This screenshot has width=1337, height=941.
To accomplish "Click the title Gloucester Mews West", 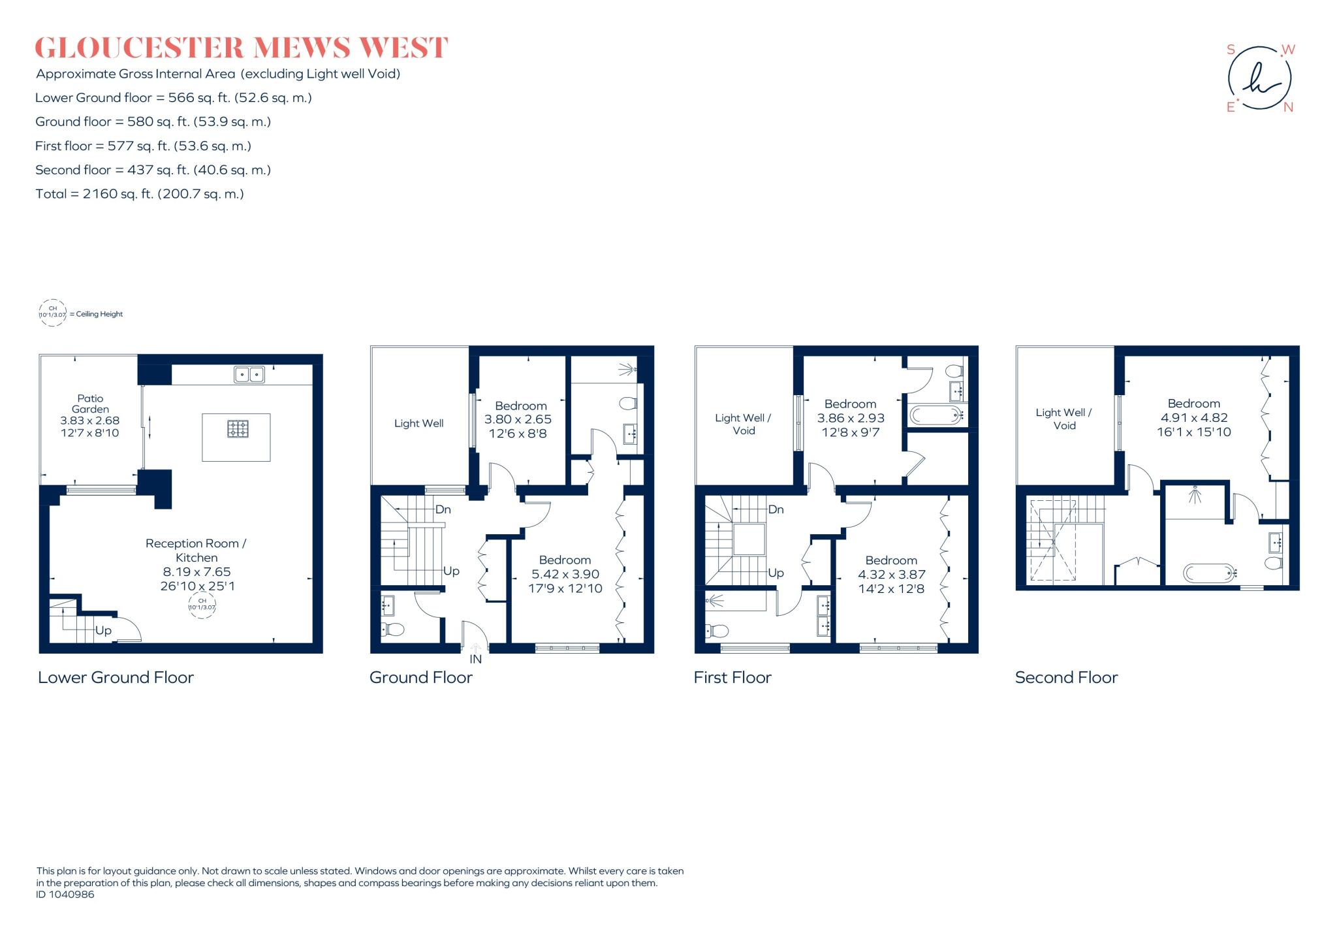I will click(x=241, y=48).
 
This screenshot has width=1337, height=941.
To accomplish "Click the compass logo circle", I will click(x=1259, y=78).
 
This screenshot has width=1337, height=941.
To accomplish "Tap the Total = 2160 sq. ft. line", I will click(x=140, y=194).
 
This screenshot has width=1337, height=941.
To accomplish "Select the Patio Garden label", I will click(x=90, y=404).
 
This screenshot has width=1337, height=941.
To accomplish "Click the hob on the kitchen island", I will click(x=237, y=429).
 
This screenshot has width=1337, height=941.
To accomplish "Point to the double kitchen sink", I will click(x=249, y=375).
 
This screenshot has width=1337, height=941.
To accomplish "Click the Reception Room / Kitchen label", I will click(x=196, y=550).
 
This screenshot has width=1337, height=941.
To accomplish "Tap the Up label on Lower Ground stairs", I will click(x=103, y=631).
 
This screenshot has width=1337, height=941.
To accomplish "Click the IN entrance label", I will click(x=475, y=660).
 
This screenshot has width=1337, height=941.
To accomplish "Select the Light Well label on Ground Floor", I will click(x=418, y=423).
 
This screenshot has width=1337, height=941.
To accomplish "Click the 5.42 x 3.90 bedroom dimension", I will click(x=565, y=574).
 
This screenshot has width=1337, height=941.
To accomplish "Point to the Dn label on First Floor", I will click(x=776, y=509).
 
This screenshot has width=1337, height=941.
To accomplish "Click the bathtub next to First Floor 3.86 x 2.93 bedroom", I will click(x=936, y=415).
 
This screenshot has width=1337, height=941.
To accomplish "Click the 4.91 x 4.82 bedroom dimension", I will click(x=1193, y=418).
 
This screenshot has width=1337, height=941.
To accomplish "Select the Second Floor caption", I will click(x=1066, y=678).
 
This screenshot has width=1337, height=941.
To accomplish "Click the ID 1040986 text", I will click(x=65, y=895).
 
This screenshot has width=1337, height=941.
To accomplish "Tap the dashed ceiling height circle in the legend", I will click(x=53, y=313).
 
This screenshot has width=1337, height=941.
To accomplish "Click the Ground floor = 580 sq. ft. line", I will click(x=153, y=121).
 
